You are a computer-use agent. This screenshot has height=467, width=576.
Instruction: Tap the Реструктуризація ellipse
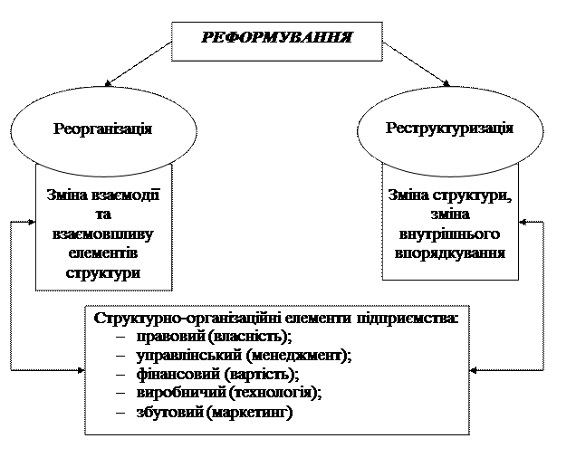click(449, 129)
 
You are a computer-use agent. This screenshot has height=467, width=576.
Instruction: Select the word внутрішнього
click(449, 234)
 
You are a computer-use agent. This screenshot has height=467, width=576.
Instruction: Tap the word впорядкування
click(449, 253)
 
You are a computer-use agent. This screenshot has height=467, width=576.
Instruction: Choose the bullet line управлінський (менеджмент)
click(243, 356)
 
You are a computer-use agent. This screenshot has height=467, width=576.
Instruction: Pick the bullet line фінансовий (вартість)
click(216, 375)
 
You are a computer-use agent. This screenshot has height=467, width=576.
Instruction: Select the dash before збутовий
click(121, 413)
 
